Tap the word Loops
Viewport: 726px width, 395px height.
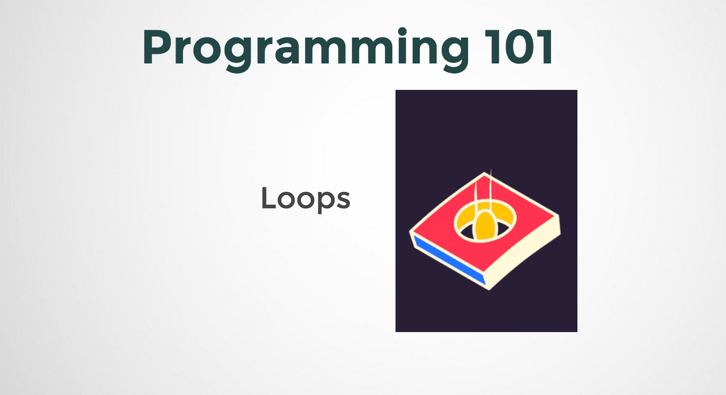click(306, 199)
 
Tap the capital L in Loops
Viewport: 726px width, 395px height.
click(269, 198)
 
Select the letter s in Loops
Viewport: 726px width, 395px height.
click(343, 201)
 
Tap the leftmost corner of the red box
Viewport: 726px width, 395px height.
click(411, 231)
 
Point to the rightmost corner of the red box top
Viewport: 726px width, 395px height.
click(558, 216)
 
